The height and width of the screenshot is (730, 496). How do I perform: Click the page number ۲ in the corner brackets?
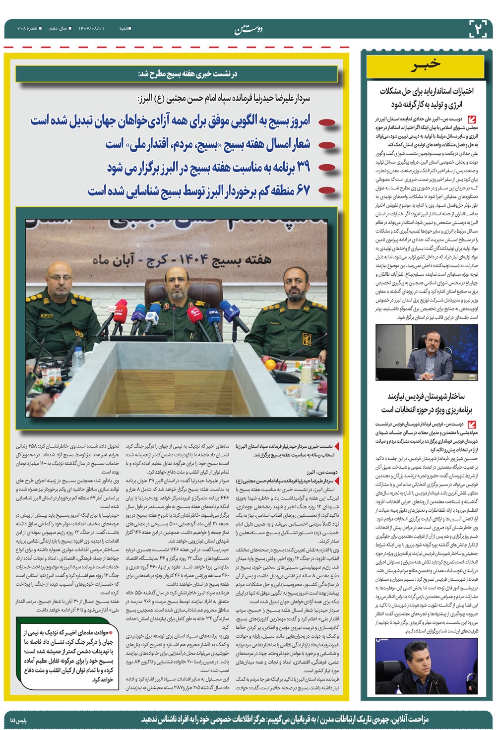pyautogui.click(x=480, y=28)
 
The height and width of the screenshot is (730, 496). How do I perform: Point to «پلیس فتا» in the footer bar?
pyautogui.click(x=20, y=719)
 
